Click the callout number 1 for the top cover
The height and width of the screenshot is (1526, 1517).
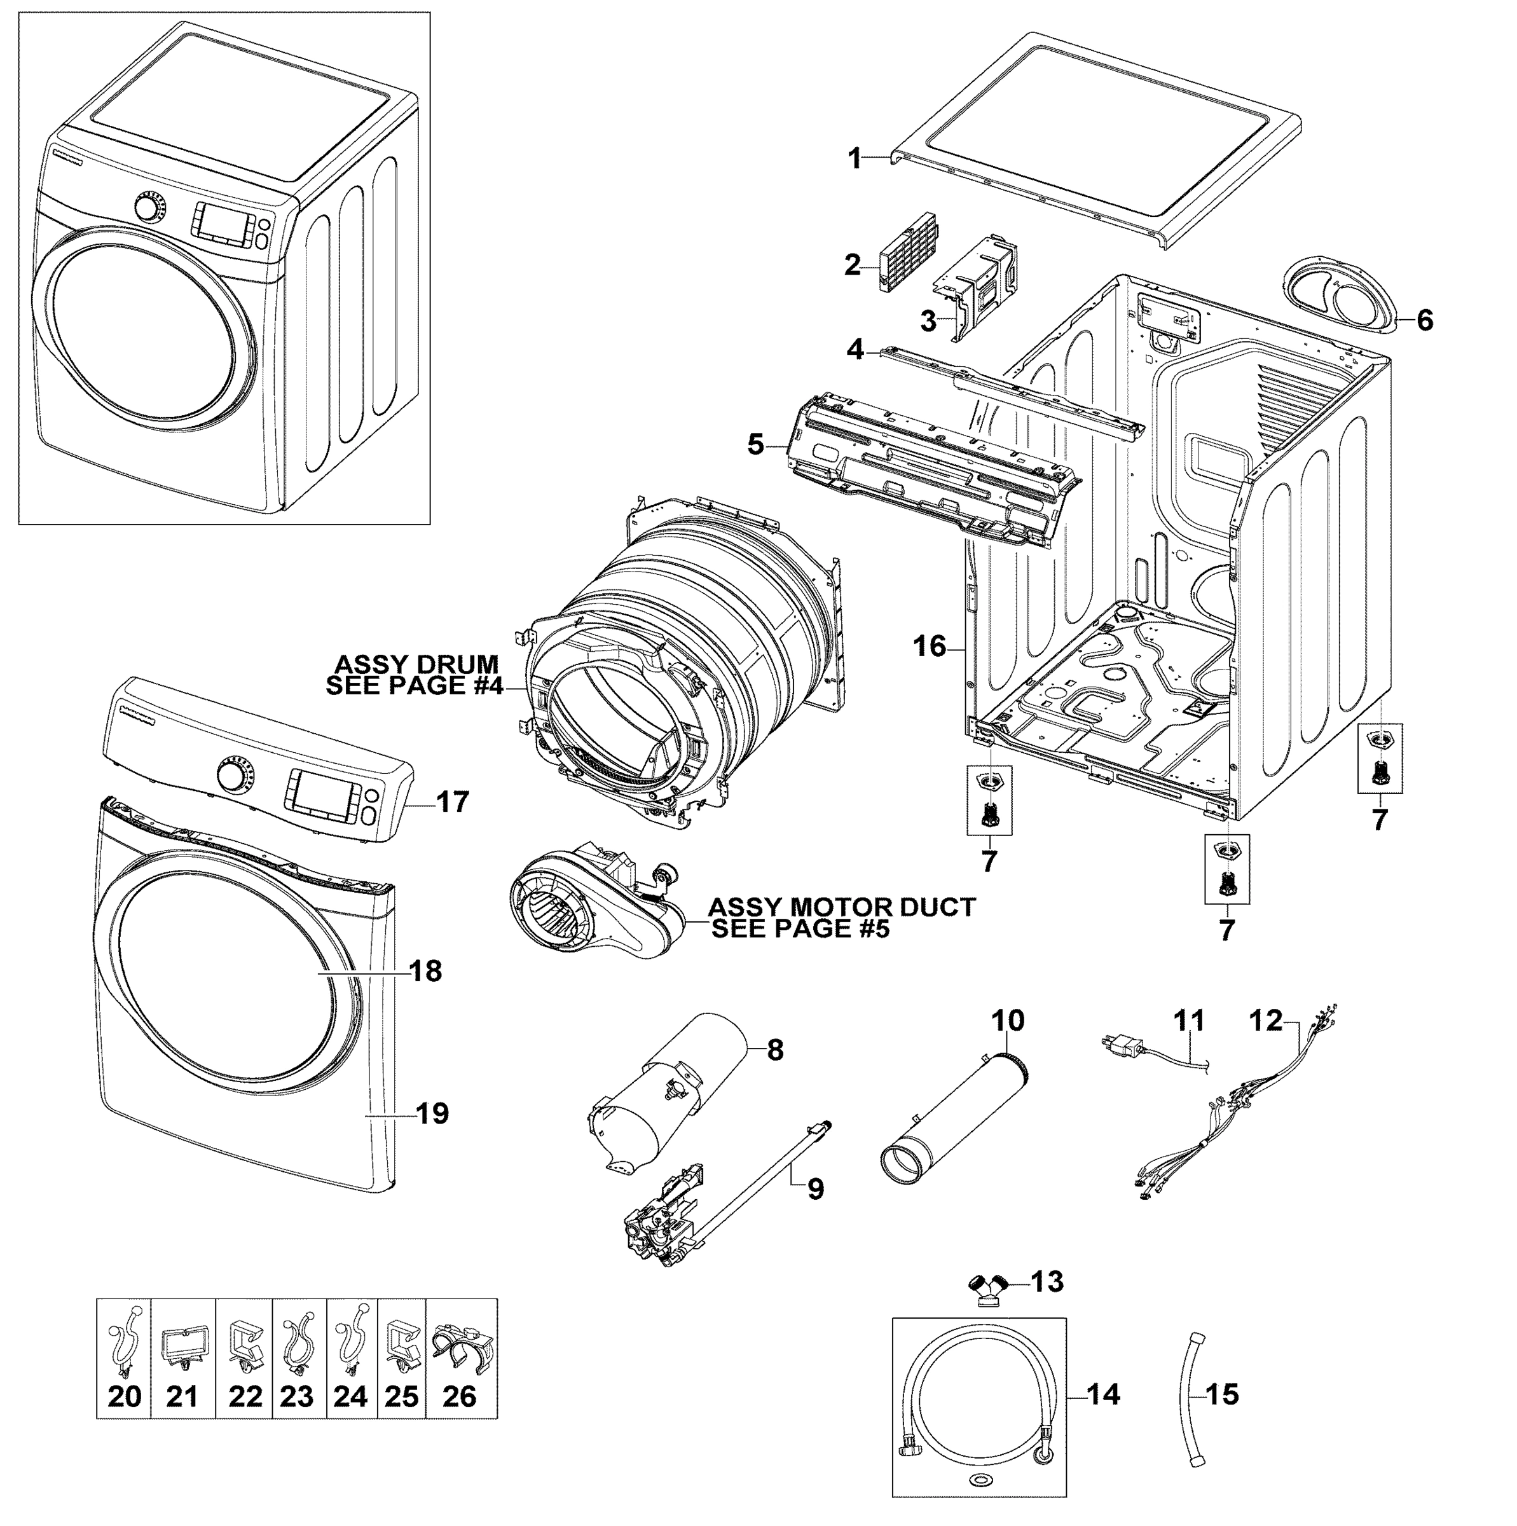[x=855, y=159]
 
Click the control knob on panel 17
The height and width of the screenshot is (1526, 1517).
[x=234, y=776]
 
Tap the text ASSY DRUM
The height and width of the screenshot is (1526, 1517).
[x=416, y=663]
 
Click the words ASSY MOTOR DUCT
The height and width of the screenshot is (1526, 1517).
[x=842, y=907]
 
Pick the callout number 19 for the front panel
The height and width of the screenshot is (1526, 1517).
[x=432, y=1114]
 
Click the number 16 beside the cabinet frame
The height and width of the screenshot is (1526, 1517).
[x=930, y=646]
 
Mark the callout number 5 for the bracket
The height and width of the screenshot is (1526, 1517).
[x=756, y=444]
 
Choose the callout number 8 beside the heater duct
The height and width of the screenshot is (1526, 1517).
[x=774, y=1050]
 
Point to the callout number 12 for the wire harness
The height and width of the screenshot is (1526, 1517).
[x=1266, y=1021]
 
